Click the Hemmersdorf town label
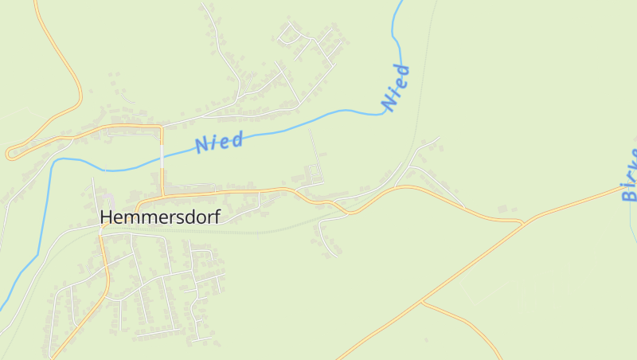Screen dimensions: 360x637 pos(160,216)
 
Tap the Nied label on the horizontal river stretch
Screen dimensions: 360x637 pos(219,143)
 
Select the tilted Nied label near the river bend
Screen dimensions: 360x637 pos(396,88)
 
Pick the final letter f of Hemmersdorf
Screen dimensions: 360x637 pos(216,216)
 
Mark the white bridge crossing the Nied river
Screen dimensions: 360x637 pos(162,159)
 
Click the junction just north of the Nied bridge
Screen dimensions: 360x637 pos(162,126)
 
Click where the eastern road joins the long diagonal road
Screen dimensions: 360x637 pos(522,224)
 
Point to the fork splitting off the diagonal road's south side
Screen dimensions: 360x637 pos(423,302)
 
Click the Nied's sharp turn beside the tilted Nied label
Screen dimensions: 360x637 pos(388,112)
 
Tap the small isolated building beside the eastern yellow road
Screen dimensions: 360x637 pos(502,209)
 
